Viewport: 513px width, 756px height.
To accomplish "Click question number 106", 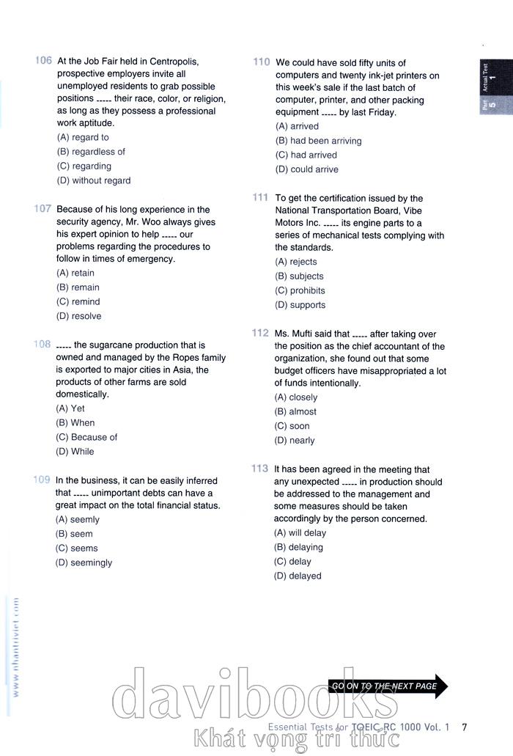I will pos(43,61).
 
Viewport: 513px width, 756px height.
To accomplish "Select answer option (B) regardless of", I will pos(91,152).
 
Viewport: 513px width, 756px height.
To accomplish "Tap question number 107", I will pos(43,209).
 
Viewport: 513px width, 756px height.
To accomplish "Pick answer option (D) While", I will pos(75,452).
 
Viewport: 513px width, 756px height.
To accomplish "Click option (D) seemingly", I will pos(84,562).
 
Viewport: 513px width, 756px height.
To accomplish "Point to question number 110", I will pos(262,62).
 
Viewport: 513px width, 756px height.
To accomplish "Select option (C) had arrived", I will pos(306,155).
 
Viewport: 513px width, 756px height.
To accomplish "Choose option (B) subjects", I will pos(299,276).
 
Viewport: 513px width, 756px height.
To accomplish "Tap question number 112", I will pos(260,333).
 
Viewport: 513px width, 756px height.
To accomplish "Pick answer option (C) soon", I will pos(292,426).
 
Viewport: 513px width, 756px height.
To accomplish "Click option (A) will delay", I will pos(300,533).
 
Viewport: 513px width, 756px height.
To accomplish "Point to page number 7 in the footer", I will pos(464,727).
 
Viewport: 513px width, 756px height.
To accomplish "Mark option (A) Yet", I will pos(70,408).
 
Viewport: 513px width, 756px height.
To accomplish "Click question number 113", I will pos(259,469).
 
